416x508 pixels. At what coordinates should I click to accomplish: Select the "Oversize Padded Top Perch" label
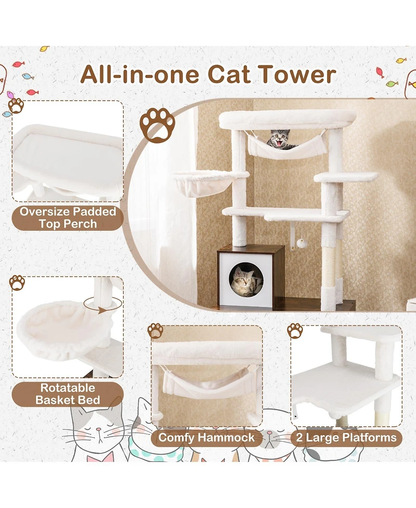(68, 218)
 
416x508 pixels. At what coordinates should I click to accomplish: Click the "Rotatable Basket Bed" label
(68, 394)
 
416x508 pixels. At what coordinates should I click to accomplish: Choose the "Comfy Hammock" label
(206, 437)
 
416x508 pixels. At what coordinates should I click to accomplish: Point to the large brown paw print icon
(157, 124)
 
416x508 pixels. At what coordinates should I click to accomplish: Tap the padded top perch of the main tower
(287, 119)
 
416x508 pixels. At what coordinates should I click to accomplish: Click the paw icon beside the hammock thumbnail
(155, 331)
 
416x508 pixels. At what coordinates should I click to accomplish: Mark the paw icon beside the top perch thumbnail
(16, 106)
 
